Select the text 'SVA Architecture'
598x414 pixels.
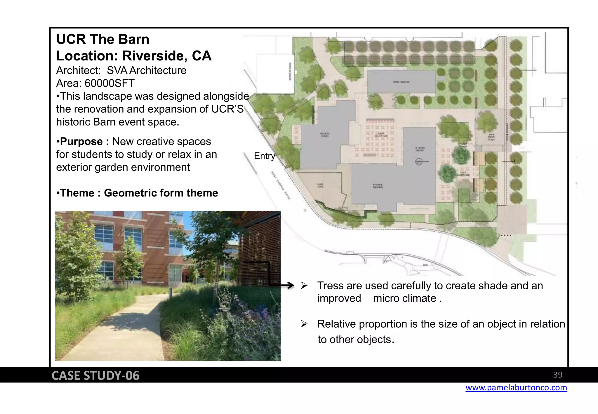tap(146, 71)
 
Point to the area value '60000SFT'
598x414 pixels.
tap(109, 84)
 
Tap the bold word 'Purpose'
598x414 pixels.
tap(81, 142)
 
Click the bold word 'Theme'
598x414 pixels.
tap(77, 193)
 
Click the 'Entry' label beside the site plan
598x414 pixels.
tap(264, 156)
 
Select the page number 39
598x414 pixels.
tap(557, 375)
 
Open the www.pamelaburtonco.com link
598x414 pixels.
tap(516, 388)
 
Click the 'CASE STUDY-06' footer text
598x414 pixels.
tap(95, 376)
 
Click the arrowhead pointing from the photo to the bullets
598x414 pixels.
tap(291, 285)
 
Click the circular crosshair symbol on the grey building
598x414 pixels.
tap(418, 161)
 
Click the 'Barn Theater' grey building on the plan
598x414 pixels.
tap(401, 82)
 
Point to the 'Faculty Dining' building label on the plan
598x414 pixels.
tap(325, 135)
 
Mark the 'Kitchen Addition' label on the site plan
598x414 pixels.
tap(378, 186)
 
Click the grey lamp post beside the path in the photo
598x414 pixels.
tap(170, 292)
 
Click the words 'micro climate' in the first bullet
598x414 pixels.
tap(404, 299)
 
